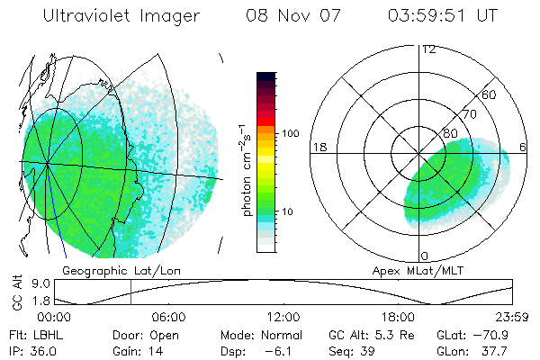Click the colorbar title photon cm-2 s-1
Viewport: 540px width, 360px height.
pyautogui.click(x=246, y=169)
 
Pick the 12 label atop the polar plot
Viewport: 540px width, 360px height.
pyautogui.click(x=429, y=49)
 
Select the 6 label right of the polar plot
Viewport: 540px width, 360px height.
pyautogui.click(x=524, y=147)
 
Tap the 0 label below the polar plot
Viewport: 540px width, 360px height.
pyautogui.click(x=425, y=256)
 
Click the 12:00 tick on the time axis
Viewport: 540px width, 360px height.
pyautogui.click(x=283, y=317)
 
